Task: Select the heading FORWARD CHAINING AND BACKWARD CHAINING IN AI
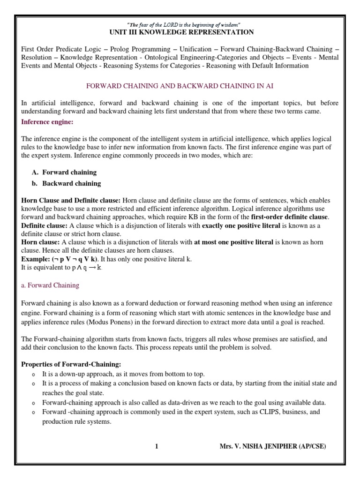[x=180, y=86]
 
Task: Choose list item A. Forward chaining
[x=64, y=172]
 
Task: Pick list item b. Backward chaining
[x=66, y=183]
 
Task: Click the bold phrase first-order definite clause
[x=290, y=217]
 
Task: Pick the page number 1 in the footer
[x=157, y=447]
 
